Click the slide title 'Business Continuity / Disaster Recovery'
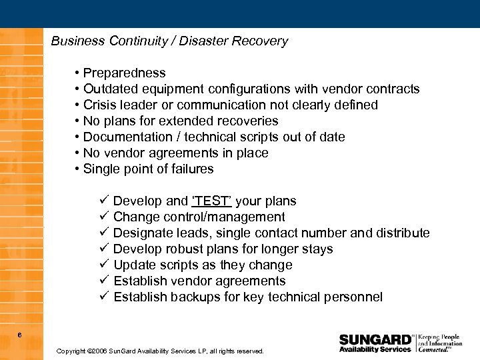pos(169,41)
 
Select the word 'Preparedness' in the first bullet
pos(125,73)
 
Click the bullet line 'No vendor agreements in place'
pos(175,153)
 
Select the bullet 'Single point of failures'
pos(148,169)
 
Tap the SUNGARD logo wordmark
pos(375,339)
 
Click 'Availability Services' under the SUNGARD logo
pos(375,349)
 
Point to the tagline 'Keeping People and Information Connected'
pos(440,343)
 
